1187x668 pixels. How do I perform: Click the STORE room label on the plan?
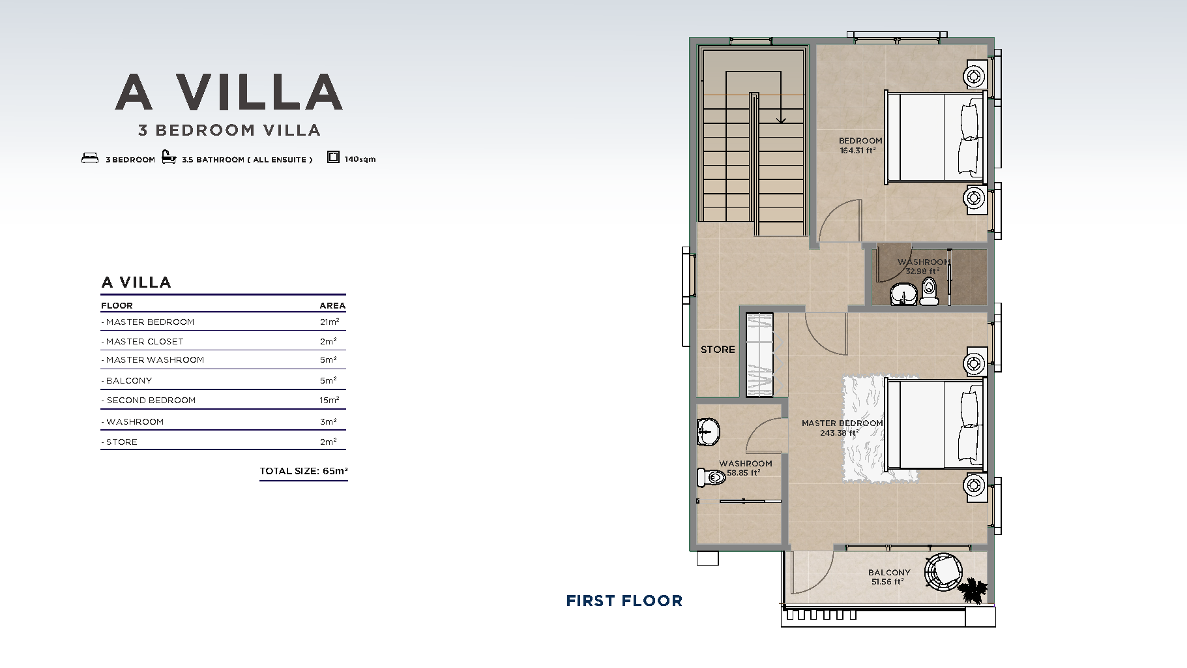click(718, 350)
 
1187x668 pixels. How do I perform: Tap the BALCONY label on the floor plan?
click(889, 572)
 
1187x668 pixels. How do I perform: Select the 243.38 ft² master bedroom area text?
click(839, 433)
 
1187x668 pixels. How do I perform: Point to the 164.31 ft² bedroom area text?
click(858, 150)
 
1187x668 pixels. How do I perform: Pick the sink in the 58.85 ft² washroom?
click(708, 432)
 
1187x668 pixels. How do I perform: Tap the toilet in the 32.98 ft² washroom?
click(929, 291)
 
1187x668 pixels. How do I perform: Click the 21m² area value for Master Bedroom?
click(329, 322)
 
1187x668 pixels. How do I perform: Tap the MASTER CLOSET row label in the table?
click(142, 341)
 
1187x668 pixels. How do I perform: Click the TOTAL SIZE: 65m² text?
click(304, 471)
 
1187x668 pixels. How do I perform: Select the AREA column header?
click(332, 305)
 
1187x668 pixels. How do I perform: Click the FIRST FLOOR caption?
click(624, 601)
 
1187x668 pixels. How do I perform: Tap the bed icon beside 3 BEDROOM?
click(90, 158)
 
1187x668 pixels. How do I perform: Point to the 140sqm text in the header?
click(360, 159)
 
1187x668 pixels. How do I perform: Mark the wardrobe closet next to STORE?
click(759, 354)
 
